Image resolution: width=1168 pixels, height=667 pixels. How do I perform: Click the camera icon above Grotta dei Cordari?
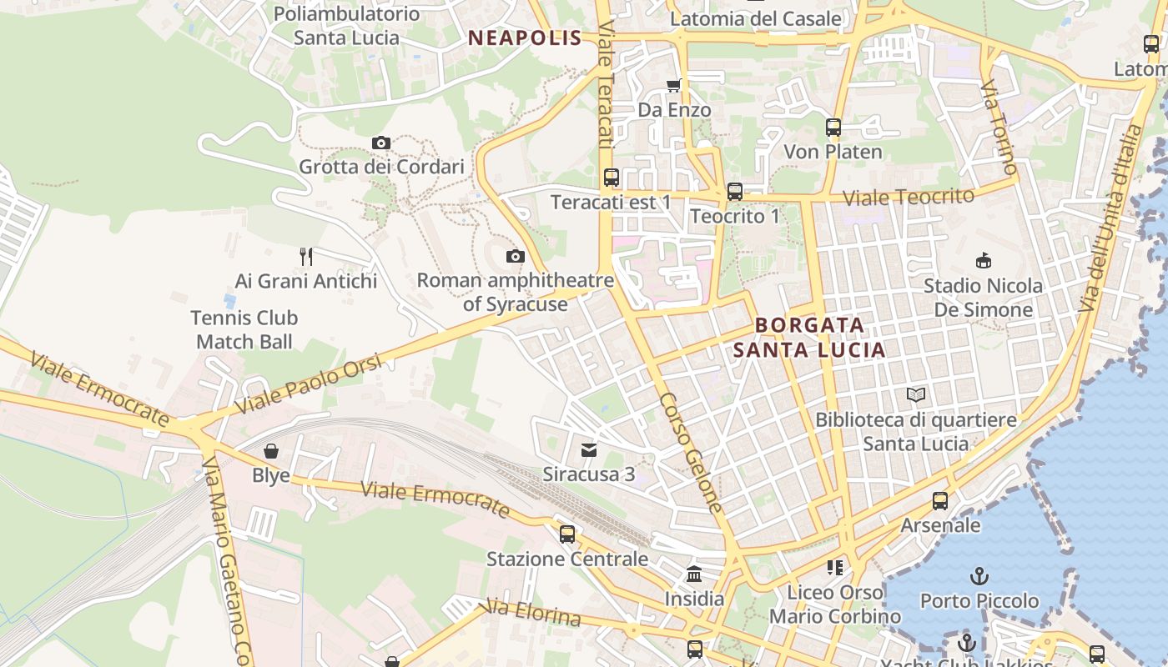click(x=381, y=143)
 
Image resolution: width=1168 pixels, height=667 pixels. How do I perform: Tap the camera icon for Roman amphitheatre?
click(x=516, y=256)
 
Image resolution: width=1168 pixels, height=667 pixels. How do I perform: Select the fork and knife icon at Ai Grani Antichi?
click(x=306, y=256)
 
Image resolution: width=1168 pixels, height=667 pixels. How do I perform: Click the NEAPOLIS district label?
click(x=525, y=38)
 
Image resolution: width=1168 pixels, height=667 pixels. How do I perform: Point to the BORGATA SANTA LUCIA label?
click(x=808, y=337)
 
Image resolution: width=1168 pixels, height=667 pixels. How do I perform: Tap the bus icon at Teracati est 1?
click(x=612, y=178)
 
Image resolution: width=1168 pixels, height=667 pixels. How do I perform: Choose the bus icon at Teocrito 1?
click(x=734, y=192)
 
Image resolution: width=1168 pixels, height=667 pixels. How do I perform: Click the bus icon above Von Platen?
click(x=833, y=128)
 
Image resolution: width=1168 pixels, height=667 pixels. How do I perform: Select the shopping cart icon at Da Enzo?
click(x=673, y=85)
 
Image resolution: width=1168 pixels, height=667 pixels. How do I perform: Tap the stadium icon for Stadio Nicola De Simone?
click(x=983, y=261)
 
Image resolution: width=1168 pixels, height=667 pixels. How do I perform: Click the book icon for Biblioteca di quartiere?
click(x=916, y=394)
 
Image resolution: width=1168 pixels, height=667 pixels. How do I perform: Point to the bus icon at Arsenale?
click(x=940, y=501)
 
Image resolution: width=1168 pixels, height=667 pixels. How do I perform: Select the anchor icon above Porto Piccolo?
click(x=979, y=576)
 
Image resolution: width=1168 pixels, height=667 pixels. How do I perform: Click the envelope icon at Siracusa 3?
click(x=589, y=450)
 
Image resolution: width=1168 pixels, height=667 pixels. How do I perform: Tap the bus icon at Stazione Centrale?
click(x=567, y=534)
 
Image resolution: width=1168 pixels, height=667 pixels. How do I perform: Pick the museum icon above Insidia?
click(x=694, y=574)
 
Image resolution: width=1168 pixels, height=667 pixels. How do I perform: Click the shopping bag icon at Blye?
click(x=271, y=451)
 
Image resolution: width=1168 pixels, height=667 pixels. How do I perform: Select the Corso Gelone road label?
click(x=691, y=453)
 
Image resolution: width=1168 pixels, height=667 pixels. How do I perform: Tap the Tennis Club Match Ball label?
click(x=244, y=329)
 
